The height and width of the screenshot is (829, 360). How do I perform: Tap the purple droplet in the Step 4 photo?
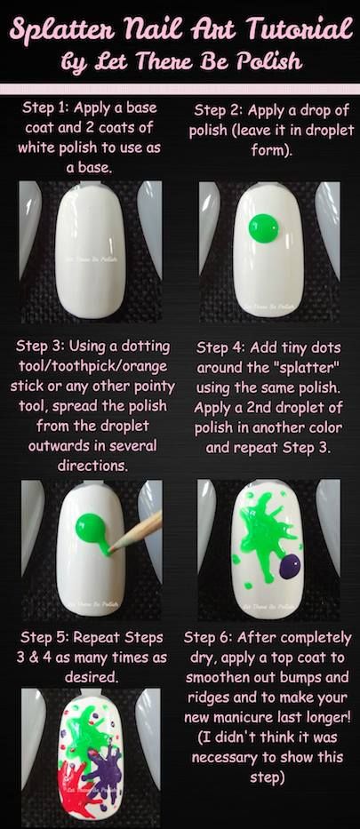(290, 565)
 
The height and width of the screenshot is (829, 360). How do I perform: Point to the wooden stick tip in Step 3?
(110, 553)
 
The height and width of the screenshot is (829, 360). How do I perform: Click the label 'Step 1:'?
(45, 108)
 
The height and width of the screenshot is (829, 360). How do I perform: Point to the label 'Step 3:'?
(40, 347)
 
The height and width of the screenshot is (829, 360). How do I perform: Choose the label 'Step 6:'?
(208, 638)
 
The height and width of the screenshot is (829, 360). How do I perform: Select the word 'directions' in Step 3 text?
(90, 466)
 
